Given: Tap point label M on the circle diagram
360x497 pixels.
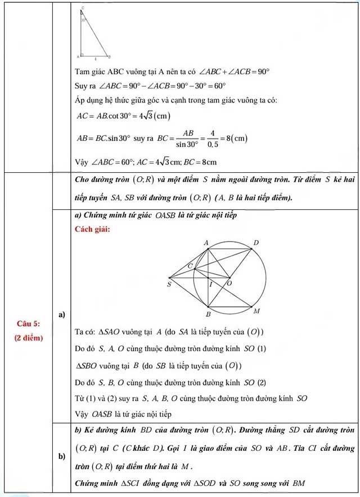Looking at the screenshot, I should (x=256, y=311).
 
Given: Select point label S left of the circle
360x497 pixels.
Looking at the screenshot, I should (x=169, y=285).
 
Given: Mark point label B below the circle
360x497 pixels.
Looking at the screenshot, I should (x=208, y=314).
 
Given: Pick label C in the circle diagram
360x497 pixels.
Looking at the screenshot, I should (x=190, y=265).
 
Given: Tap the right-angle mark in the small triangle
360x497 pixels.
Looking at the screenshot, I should (x=82, y=55).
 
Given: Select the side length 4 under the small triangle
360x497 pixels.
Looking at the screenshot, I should (x=95, y=59).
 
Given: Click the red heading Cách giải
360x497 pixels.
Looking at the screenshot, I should (x=93, y=229).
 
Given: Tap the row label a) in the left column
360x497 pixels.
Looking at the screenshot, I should (x=61, y=314).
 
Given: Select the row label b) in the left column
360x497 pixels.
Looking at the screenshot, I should (x=61, y=456).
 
